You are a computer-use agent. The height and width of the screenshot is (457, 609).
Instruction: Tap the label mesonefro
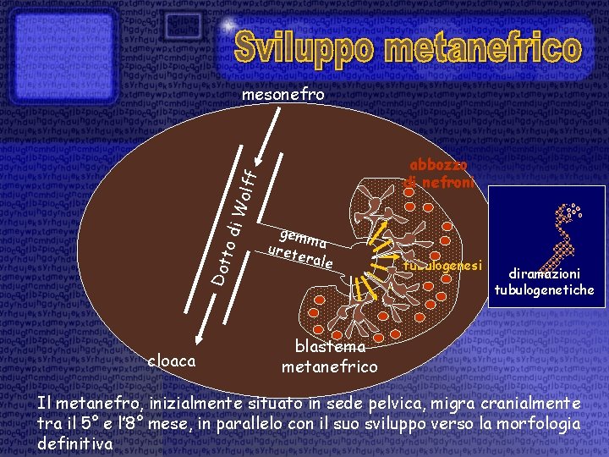point(283,94)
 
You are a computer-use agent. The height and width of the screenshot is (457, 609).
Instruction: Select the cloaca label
point(172,361)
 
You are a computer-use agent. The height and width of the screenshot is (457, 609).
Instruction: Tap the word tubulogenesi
point(442,265)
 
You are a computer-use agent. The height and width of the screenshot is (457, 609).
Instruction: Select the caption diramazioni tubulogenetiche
point(544,282)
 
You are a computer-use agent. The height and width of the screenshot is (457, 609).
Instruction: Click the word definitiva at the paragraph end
point(74,441)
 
